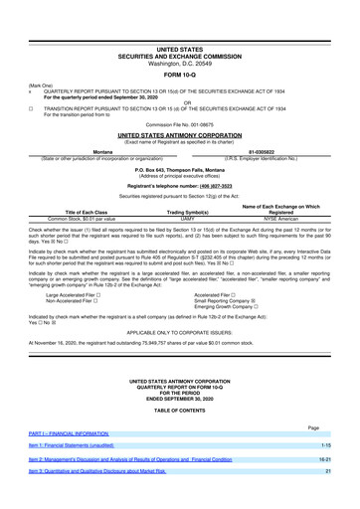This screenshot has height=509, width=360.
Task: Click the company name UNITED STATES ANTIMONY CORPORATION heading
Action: (179, 130)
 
